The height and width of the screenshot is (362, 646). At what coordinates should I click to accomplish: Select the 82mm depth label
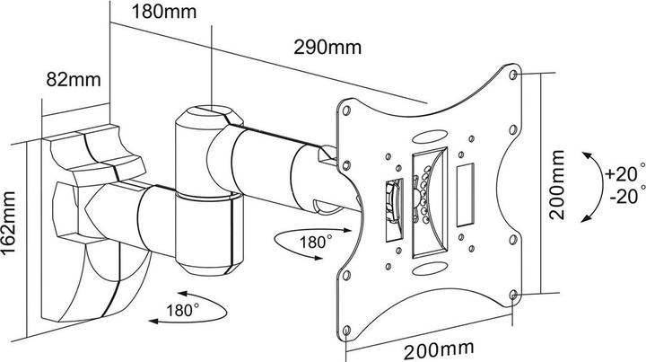click(x=73, y=79)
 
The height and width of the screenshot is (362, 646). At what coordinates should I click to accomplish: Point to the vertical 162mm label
click(x=12, y=222)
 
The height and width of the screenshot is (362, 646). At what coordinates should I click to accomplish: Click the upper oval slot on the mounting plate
click(x=430, y=137)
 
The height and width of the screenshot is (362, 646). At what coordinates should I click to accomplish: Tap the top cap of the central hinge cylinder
click(x=206, y=115)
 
